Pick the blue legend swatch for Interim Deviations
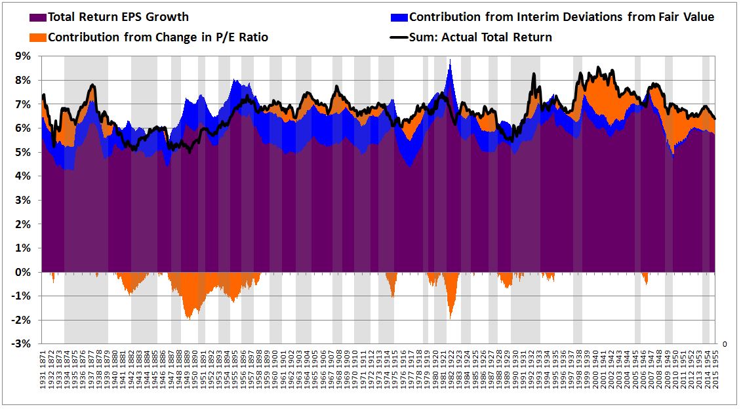(x=399, y=17)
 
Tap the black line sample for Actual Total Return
(x=399, y=37)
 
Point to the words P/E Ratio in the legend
(x=243, y=37)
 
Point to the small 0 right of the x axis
(x=724, y=343)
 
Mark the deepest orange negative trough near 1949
(x=188, y=319)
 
